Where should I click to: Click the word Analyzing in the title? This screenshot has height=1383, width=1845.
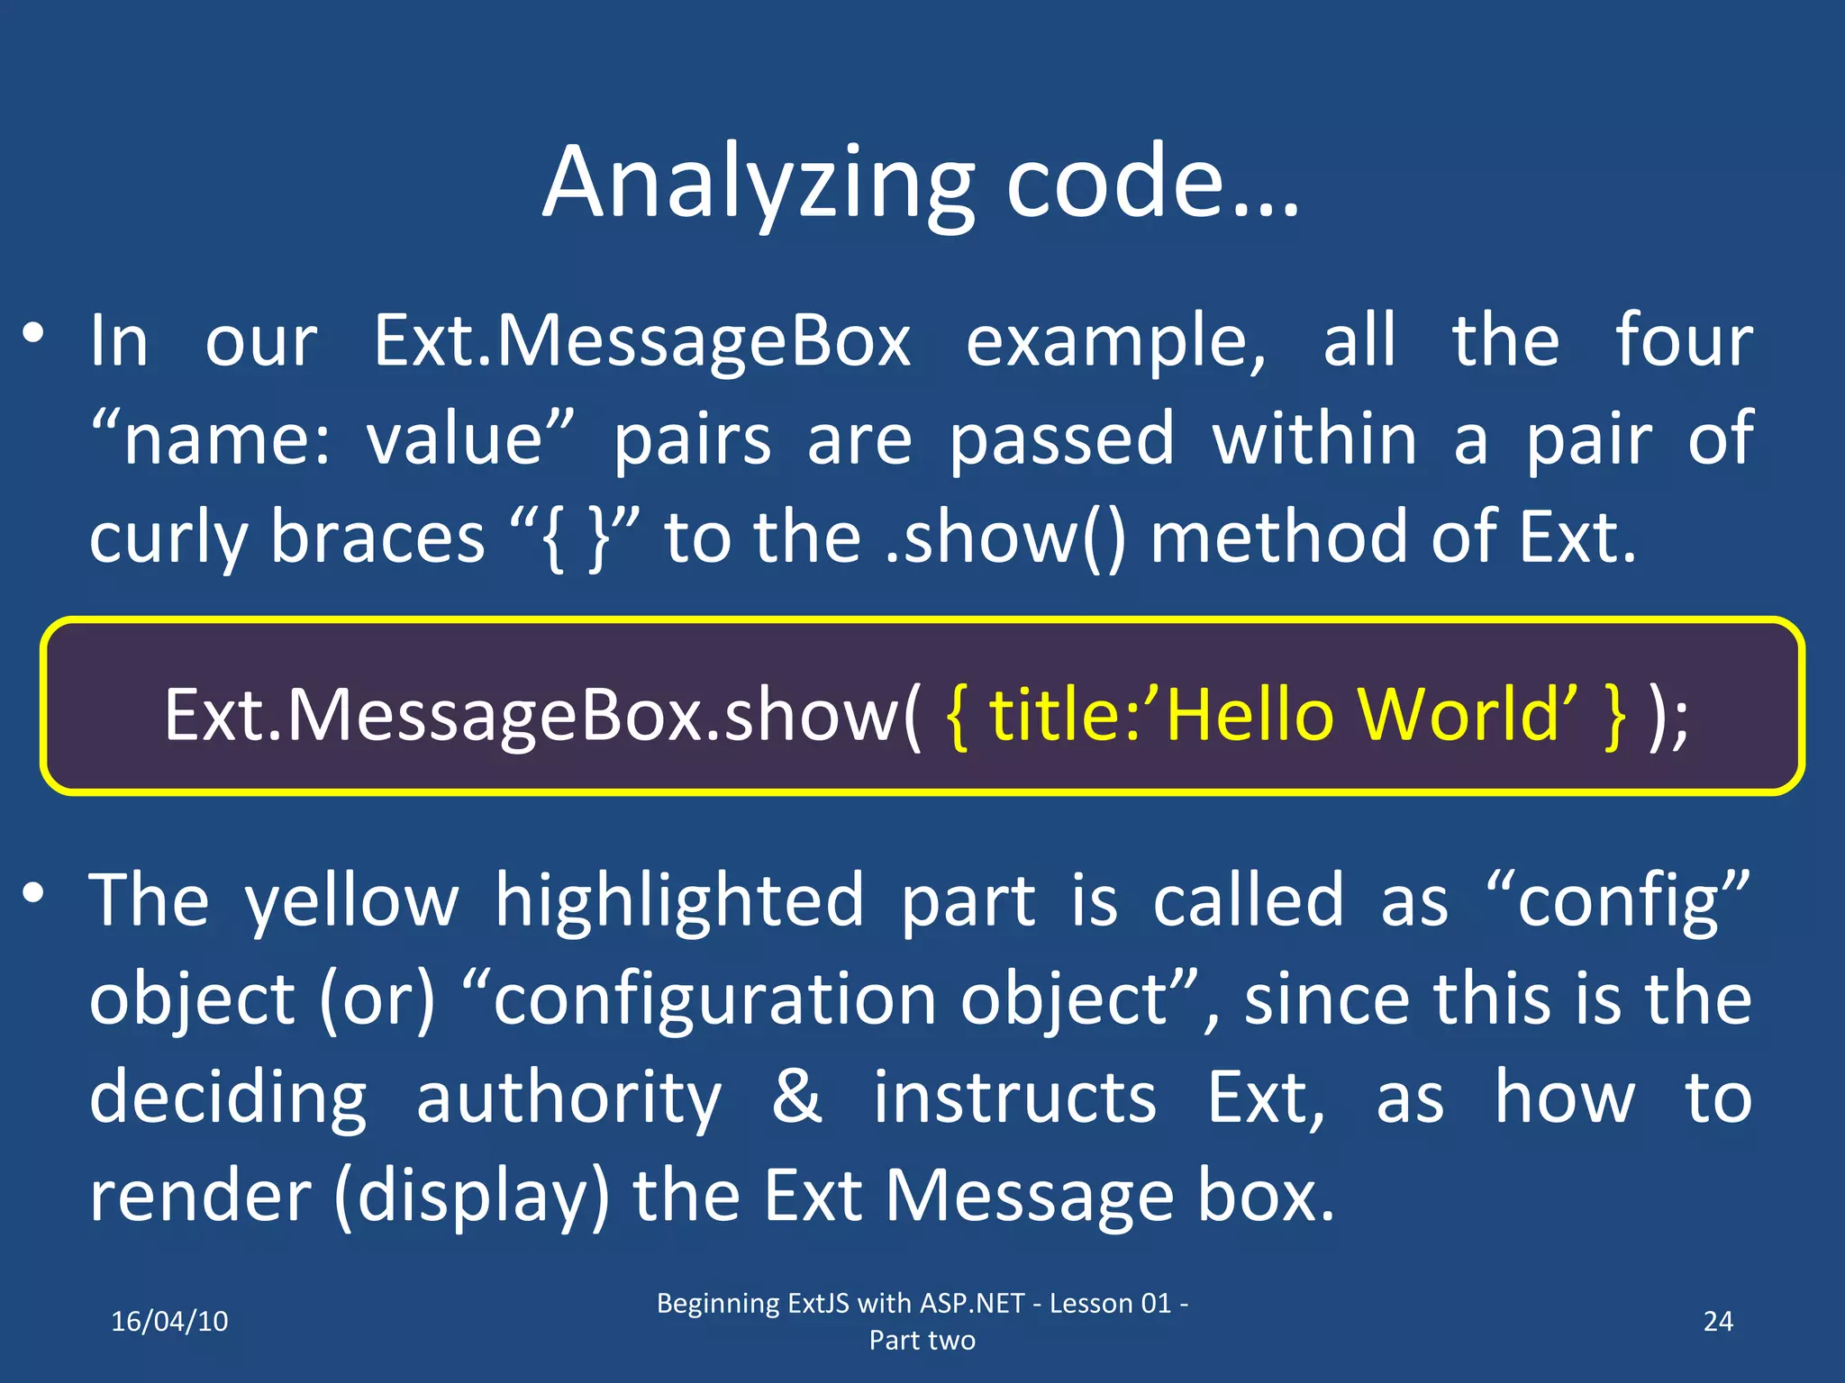[x=759, y=185]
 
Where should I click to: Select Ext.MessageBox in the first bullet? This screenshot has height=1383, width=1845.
[x=642, y=342]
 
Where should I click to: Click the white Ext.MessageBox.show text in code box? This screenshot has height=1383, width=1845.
[x=541, y=715]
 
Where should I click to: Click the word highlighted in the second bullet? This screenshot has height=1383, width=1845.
[x=679, y=900]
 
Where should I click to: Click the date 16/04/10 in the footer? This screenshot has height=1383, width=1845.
[x=169, y=1321]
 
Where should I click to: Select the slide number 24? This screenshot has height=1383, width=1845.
[x=1718, y=1321]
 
